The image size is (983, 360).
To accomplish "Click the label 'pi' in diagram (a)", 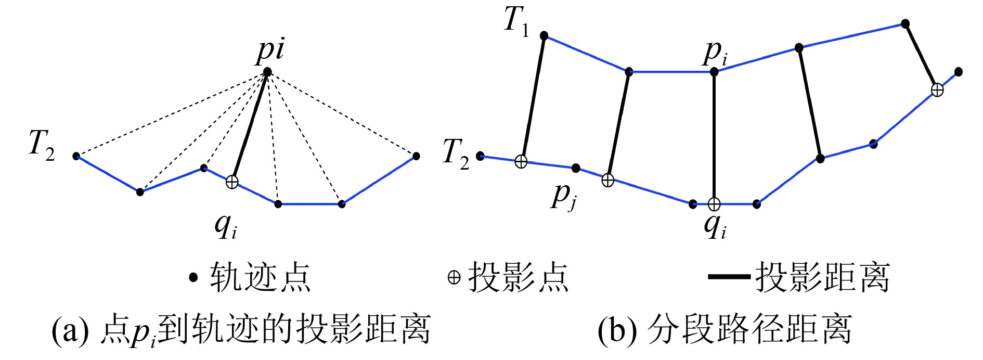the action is click(270, 50).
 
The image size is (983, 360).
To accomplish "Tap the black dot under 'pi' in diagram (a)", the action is click(267, 71).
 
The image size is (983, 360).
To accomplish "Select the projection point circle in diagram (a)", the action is click(232, 182).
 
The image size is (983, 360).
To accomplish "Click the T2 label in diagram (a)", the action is click(42, 144).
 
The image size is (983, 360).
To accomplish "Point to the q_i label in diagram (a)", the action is click(226, 226).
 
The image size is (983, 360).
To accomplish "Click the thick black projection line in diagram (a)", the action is click(250, 126).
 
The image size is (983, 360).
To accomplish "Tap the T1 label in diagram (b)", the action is click(516, 22).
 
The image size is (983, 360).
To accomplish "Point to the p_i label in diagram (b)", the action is click(716, 53).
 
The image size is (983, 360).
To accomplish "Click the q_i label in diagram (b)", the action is click(715, 226).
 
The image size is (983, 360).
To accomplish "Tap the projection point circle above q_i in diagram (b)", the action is click(714, 204).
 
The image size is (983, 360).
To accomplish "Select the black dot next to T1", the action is click(544, 35).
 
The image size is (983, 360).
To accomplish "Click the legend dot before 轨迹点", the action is click(193, 278).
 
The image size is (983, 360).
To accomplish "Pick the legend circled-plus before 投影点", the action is click(454, 278).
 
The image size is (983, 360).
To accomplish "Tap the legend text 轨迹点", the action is click(260, 277).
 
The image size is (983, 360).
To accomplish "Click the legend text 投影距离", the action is click(822, 277).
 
